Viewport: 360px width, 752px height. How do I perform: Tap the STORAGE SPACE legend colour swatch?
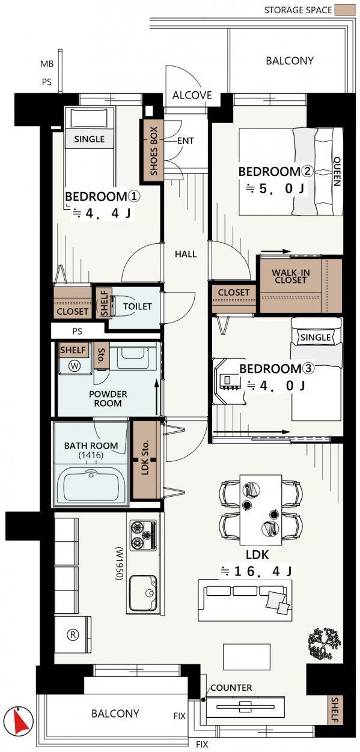pyautogui.click(x=344, y=10)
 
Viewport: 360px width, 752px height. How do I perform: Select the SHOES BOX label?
pyautogui.click(x=154, y=151)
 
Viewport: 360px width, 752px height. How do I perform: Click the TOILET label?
pyautogui.click(x=138, y=306)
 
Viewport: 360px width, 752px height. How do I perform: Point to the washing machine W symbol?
pyautogui.click(x=75, y=366)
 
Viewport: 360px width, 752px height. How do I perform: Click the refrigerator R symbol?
pyautogui.click(x=73, y=634)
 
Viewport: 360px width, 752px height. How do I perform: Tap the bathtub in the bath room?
pyautogui.click(x=91, y=484)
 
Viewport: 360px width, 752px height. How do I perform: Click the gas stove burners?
pyautogui.click(x=144, y=535)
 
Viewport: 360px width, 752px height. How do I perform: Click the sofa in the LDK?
pyautogui.click(x=245, y=600)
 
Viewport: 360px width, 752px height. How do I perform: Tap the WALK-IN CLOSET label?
pyautogui.click(x=291, y=276)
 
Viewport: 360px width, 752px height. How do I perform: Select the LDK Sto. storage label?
pyautogui.click(x=145, y=457)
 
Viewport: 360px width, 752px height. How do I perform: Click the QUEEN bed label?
pyautogui.click(x=337, y=171)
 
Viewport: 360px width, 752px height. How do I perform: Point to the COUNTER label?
pyautogui.click(x=231, y=688)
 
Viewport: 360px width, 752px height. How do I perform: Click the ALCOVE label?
pyautogui.click(x=192, y=96)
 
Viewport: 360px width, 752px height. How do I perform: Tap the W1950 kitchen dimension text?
pyautogui.click(x=119, y=563)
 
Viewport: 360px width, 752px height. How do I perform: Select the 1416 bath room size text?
pyautogui.click(x=91, y=455)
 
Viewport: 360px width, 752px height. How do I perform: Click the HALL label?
pyautogui.click(x=186, y=254)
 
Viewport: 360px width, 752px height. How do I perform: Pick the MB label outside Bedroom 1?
pyautogui.click(x=47, y=64)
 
